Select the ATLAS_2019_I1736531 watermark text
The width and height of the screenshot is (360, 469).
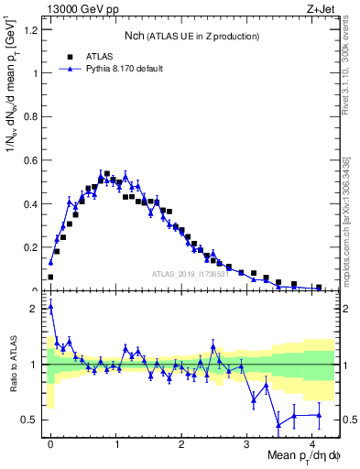(191, 274)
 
